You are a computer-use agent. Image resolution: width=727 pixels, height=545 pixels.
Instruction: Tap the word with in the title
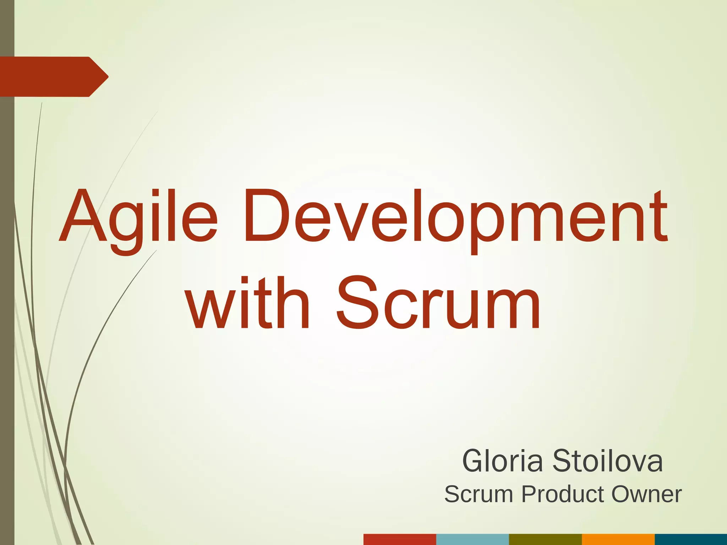point(248,303)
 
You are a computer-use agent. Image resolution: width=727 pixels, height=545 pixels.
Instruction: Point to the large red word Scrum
point(438,303)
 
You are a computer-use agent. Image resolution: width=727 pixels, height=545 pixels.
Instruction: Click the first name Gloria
point(502,461)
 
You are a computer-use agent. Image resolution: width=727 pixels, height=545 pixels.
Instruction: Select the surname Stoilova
point(607,461)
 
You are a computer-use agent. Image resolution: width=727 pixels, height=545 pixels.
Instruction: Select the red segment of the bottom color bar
point(400,539)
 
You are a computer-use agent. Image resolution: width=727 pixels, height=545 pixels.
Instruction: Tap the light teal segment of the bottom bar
point(472,539)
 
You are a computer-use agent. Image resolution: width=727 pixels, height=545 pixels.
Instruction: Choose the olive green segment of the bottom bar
point(545,539)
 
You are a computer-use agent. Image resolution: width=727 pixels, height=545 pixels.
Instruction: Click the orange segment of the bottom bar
point(618,539)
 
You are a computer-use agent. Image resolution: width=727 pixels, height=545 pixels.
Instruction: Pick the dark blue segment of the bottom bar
point(691,539)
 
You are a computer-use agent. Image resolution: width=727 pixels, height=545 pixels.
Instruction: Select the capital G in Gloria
point(475,461)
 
